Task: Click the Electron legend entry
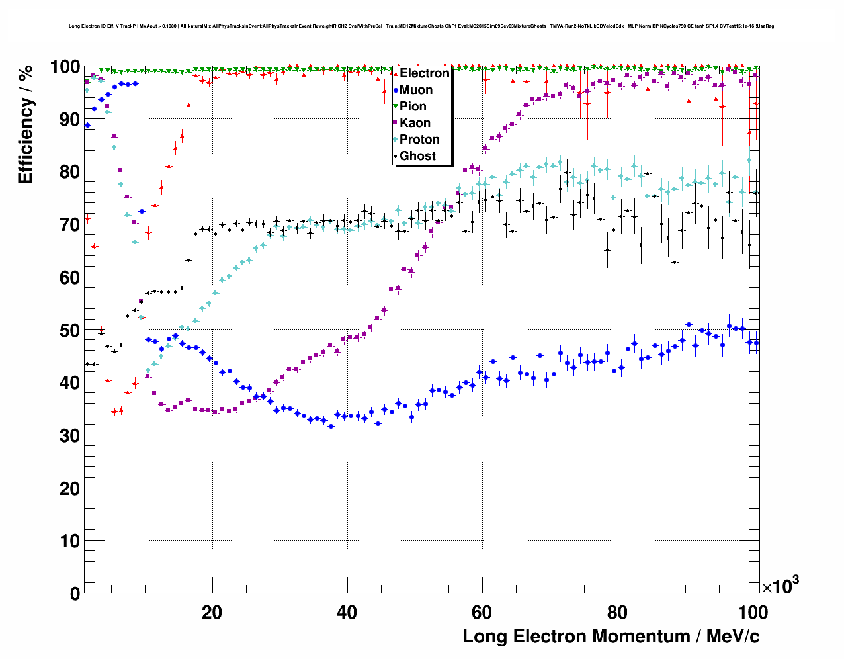coord(424,73)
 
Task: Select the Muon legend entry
coord(416,90)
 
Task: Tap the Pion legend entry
coord(413,107)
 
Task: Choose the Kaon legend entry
coord(415,123)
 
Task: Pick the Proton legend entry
coord(419,140)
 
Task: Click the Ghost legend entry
coord(417,156)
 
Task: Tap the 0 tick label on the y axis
coord(75,593)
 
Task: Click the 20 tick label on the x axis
coord(212,613)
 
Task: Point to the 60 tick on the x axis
coord(482,613)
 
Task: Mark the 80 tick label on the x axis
coord(617,613)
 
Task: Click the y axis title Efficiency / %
coord(25,126)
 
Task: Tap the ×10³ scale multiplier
coord(780,586)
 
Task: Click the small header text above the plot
coord(421,26)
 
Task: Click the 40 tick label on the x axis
coord(347,613)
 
